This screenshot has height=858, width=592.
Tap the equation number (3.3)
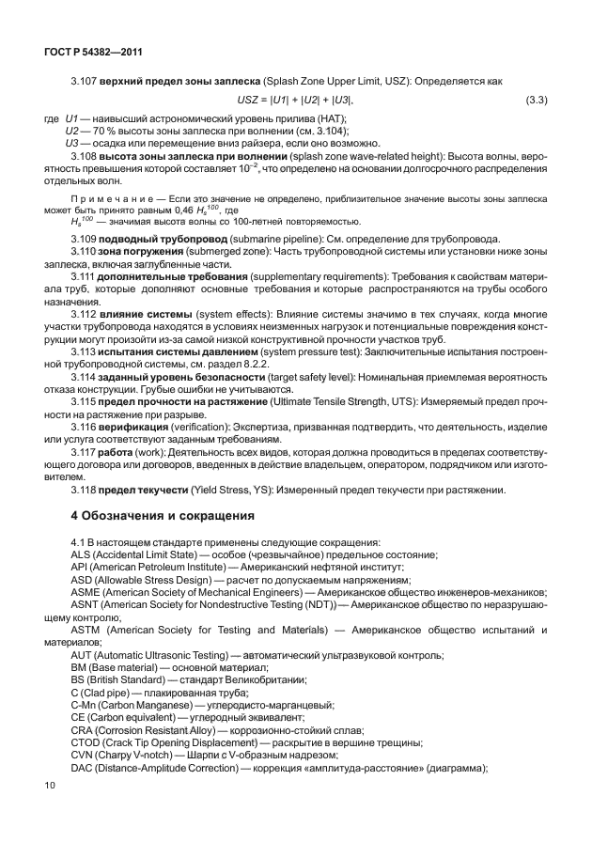click(536, 100)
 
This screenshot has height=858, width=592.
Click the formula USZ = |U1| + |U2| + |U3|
click(295, 100)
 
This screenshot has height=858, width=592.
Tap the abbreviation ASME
click(86, 592)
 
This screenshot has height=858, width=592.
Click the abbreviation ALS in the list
click(82, 554)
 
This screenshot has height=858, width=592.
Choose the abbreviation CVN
click(84, 755)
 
